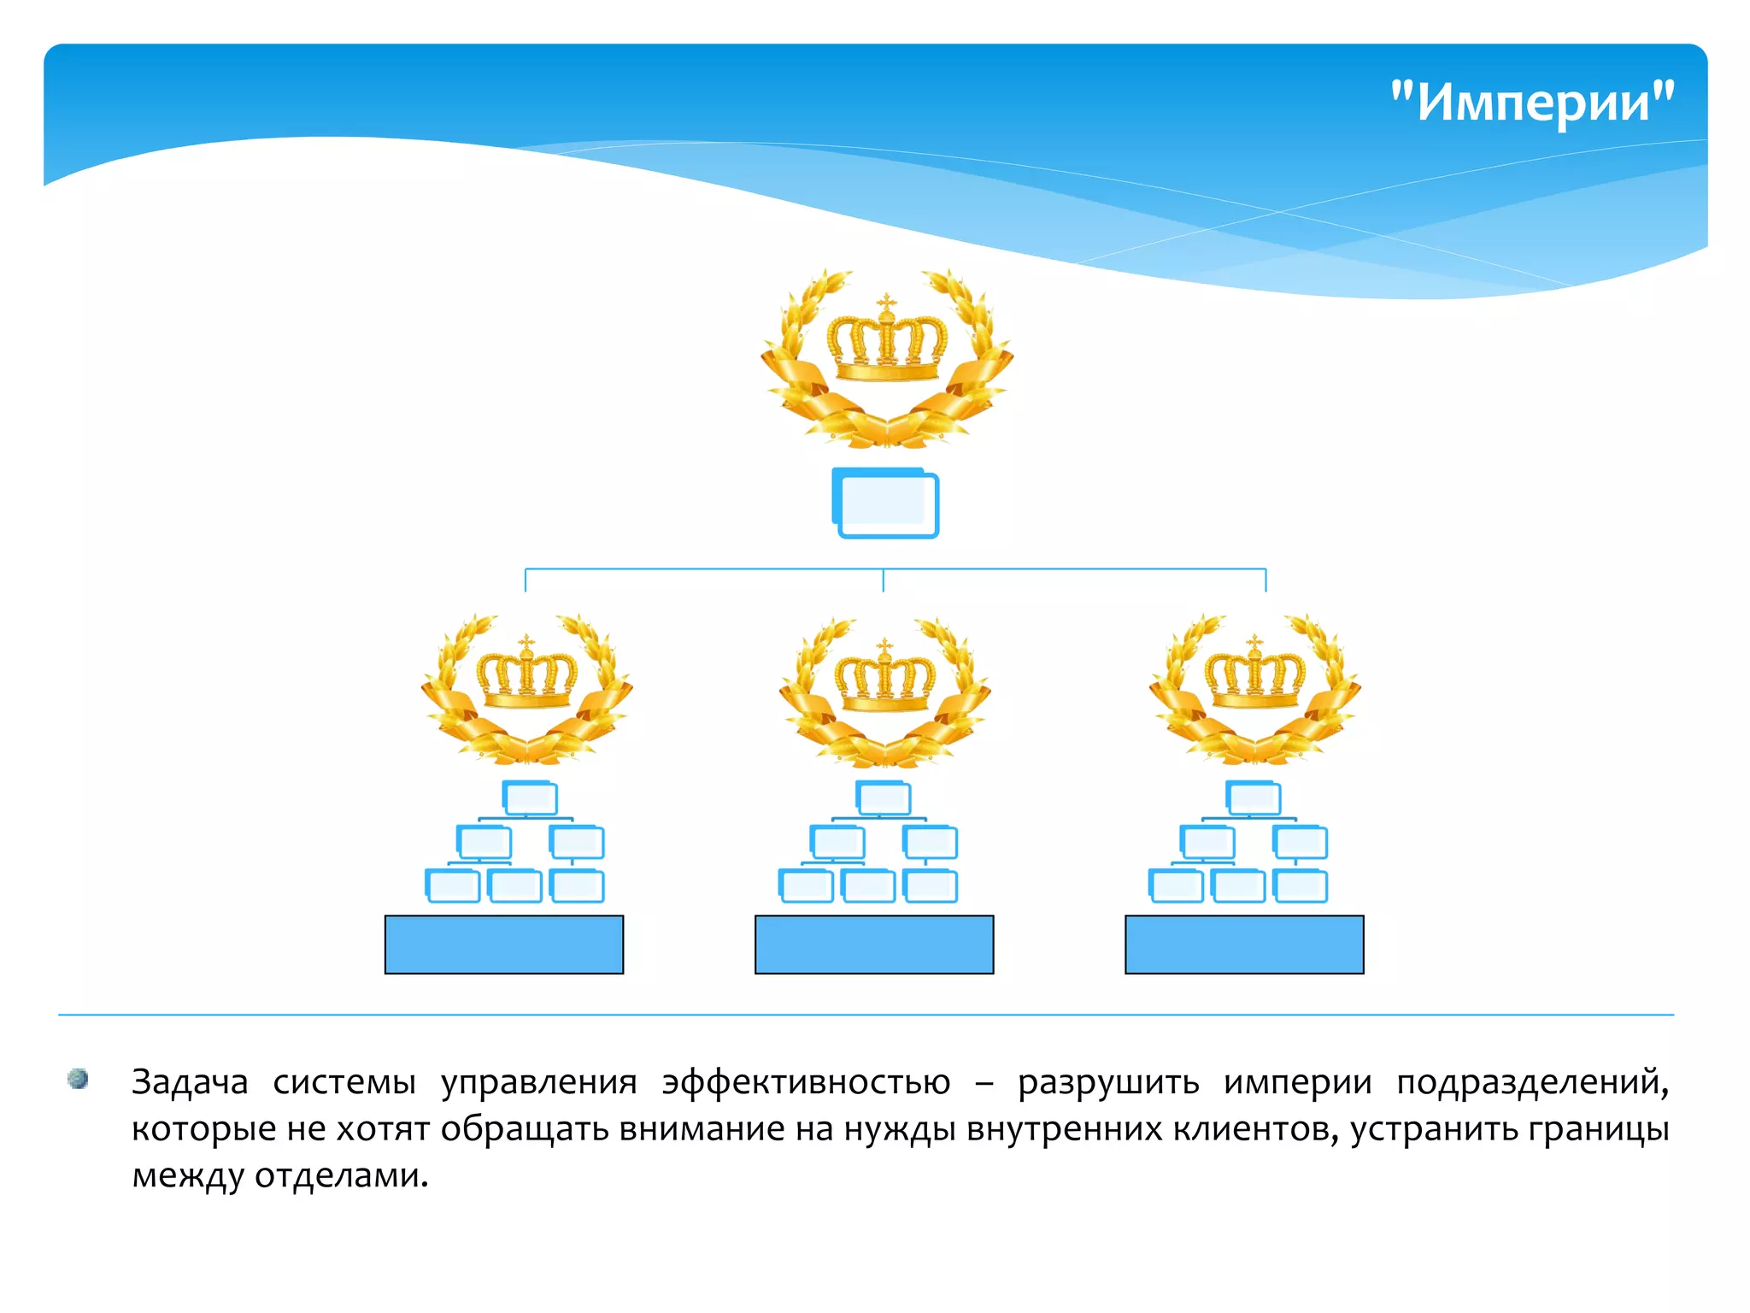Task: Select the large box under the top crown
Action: click(x=886, y=503)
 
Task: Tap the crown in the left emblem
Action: click(x=527, y=674)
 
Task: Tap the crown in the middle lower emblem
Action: click(x=885, y=678)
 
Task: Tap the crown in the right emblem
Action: click(x=1254, y=674)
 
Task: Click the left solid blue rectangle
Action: click(x=504, y=945)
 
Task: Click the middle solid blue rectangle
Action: click(x=874, y=945)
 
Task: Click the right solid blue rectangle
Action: click(x=1244, y=945)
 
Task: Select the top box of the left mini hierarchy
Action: click(x=531, y=798)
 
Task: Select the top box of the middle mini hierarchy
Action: click(x=884, y=798)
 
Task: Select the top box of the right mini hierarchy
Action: click(x=1254, y=798)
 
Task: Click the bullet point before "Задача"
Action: click(x=78, y=1079)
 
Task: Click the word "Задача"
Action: click(x=190, y=1082)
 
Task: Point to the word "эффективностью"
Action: click(x=806, y=1082)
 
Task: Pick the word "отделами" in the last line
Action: click(x=341, y=1177)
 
